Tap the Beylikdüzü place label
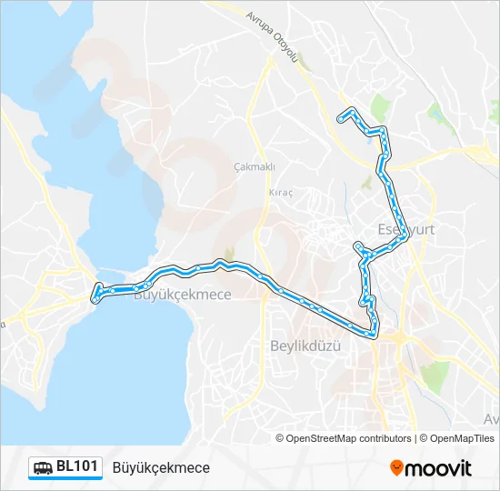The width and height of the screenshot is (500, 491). point(304,346)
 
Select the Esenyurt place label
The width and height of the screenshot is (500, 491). point(405,230)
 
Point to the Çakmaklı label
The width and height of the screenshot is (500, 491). point(254,166)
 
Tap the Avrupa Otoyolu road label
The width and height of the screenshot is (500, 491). point(272,36)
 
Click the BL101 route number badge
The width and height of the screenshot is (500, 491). point(76,467)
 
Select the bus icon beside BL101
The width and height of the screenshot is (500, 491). point(43,467)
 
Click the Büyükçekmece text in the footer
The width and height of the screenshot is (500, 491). point(161,467)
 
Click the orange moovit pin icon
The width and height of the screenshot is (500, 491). point(396,468)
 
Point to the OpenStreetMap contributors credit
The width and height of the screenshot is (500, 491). point(349,438)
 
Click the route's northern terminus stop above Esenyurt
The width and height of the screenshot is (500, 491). point(341,117)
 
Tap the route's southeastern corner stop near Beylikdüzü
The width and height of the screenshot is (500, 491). point(374,333)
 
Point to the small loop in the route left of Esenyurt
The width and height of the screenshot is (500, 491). point(360,247)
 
